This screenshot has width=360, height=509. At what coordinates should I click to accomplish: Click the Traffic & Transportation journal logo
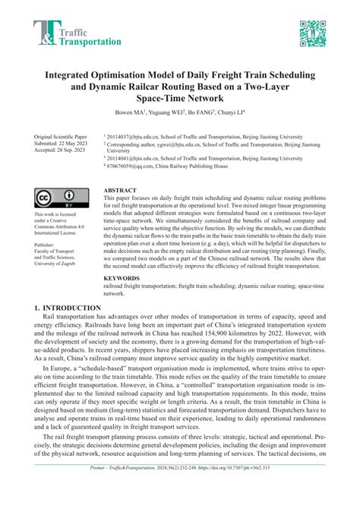77,33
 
